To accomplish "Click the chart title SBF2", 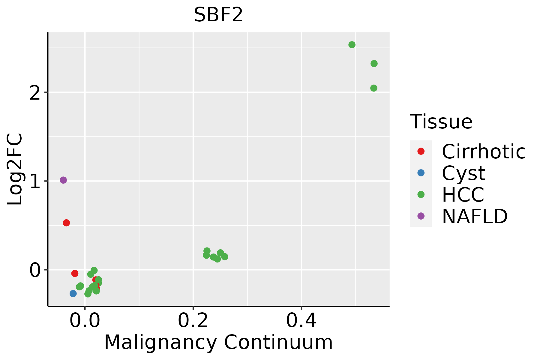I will (x=218, y=15).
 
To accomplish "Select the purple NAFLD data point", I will (x=63, y=180).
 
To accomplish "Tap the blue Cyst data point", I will (x=73, y=293).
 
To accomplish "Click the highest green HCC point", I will (x=352, y=45).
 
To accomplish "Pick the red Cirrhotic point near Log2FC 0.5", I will (x=66, y=223).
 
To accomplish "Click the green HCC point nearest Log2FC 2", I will (x=373, y=88).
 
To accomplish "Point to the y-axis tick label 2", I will (x=35, y=93).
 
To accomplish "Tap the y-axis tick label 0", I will (x=35, y=270).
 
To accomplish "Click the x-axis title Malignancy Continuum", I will (x=218, y=342).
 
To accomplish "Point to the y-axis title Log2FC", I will (x=15, y=169).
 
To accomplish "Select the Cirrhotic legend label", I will (x=483, y=151).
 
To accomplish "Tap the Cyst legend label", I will (x=463, y=173).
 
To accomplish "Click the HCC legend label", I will (x=463, y=194).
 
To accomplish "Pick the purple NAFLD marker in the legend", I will (x=421, y=216).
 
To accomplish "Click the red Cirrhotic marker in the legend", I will (x=421, y=151).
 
